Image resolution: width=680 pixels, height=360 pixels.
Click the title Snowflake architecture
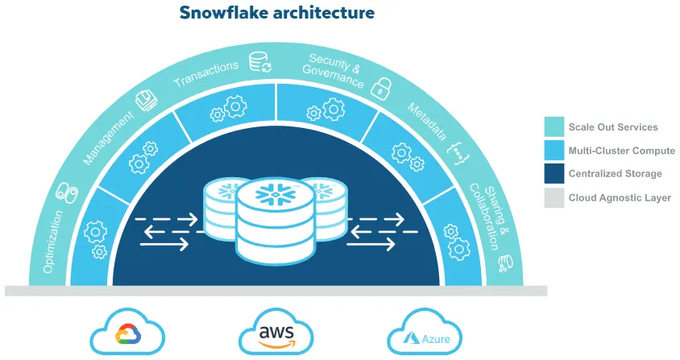point(276,13)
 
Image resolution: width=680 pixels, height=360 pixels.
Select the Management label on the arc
point(108,139)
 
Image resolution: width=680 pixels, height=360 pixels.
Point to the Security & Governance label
point(334,70)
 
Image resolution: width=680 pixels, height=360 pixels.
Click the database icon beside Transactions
point(259,61)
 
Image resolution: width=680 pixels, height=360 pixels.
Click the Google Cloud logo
point(127,334)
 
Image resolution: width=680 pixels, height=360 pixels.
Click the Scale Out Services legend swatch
point(554,127)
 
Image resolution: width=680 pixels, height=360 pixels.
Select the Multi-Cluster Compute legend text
point(621,151)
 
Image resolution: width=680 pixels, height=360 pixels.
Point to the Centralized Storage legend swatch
point(554,174)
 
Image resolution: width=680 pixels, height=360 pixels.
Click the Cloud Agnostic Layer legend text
point(620,197)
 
